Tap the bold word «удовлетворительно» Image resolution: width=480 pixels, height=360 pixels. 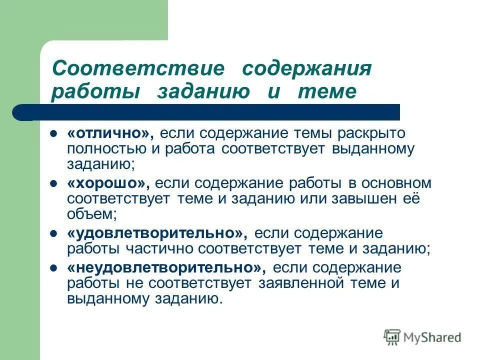[x=155, y=233]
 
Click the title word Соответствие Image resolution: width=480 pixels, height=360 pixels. [x=138, y=68]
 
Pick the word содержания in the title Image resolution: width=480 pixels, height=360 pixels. [x=306, y=68]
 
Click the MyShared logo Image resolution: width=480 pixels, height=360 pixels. [x=422, y=337]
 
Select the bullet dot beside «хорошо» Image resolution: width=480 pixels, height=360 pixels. [x=54, y=183]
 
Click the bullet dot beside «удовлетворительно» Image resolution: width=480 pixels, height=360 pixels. [x=54, y=233]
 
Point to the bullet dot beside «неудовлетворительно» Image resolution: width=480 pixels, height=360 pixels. [x=54, y=268]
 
